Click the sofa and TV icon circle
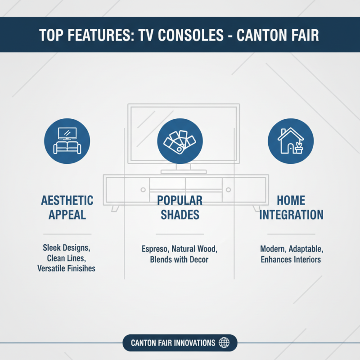[x=67, y=140]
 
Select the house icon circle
[x=290, y=140]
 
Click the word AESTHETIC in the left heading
[x=67, y=200]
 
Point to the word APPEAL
[x=67, y=214]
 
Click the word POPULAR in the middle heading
[x=180, y=200]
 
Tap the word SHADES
[x=180, y=214]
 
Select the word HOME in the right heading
[x=291, y=200]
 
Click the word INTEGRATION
[x=291, y=214]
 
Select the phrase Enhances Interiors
[x=291, y=260]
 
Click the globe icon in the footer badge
[x=224, y=343]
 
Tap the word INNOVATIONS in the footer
[x=193, y=343]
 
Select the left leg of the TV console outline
[x=115, y=208]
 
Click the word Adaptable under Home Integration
[x=306, y=249]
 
